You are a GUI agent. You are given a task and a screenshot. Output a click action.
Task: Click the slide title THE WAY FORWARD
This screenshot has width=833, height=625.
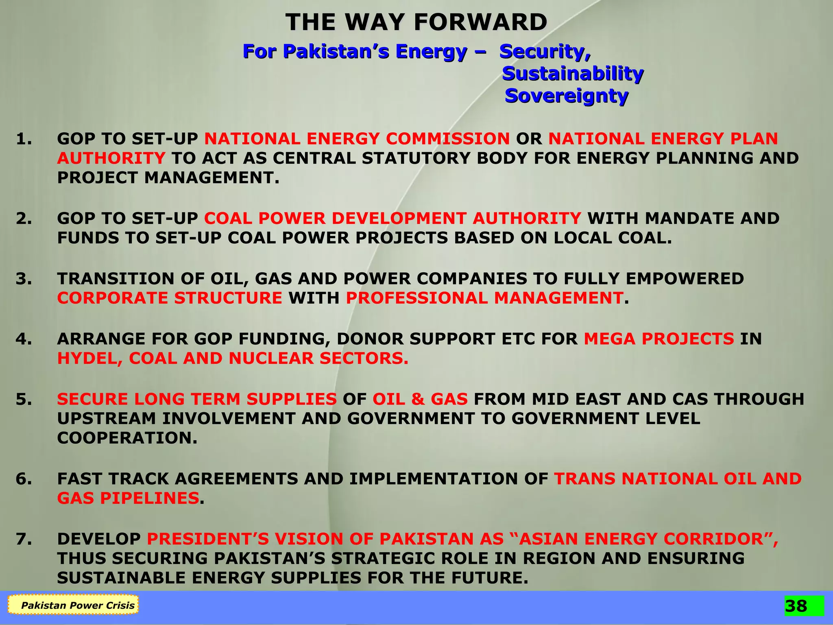point(416,22)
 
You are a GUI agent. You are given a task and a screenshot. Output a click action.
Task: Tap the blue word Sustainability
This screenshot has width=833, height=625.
point(573,74)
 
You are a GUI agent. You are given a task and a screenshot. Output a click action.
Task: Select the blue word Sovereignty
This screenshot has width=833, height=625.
point(567,96)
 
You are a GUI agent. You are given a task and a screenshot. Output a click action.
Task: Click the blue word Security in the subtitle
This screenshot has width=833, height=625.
point(544,51)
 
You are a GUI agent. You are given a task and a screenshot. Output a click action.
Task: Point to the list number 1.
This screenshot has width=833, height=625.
point(24,139)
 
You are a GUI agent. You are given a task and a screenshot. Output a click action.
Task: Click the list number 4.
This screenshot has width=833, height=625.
point(24,339)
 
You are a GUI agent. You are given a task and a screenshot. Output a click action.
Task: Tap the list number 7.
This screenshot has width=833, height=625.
point(24,539)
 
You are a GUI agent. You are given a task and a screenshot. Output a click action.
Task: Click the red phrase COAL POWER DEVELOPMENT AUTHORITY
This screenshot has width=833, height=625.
point(393,219)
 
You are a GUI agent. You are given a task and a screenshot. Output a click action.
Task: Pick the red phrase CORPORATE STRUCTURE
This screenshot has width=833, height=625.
point(170,298)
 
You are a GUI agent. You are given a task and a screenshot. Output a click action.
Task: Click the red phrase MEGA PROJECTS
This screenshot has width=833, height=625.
point(659,339)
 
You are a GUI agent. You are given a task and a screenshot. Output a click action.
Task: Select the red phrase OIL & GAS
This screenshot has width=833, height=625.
point(420,399)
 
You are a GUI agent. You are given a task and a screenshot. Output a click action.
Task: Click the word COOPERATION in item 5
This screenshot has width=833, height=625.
point(127,438)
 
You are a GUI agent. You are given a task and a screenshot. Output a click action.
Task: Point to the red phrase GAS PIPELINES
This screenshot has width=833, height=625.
point(128,498)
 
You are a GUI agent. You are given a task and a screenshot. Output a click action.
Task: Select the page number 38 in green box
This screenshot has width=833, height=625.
point(796,606)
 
